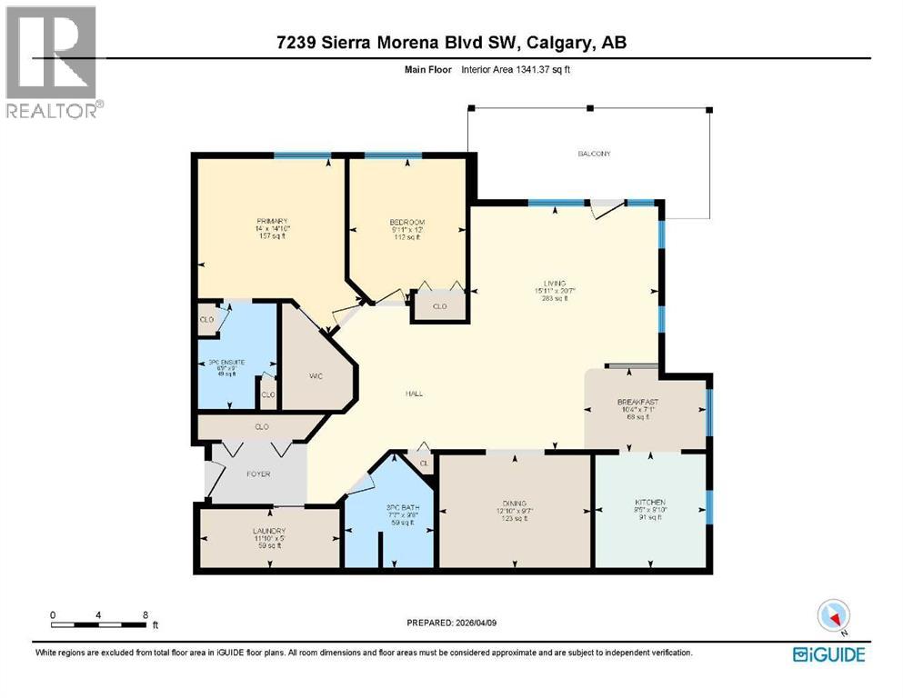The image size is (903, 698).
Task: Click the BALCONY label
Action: [594, 154]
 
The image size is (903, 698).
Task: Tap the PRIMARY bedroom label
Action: [272, 222]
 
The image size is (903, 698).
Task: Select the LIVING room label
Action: [550, 282]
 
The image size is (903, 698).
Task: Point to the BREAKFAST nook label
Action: [637, 402]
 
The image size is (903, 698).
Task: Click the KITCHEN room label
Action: [650, 503]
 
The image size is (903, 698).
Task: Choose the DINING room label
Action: [514, 503]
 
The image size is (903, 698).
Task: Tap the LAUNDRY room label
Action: [269, 531]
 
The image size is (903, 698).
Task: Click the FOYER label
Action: [259, 474]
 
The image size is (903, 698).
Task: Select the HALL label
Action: [415, 394]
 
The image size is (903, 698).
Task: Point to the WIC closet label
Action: [316, 375]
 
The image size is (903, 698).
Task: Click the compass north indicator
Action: [833, 616]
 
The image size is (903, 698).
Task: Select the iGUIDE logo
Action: [828, 654]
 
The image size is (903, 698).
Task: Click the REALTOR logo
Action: [52, 61]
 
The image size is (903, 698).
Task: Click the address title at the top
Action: [451, 43]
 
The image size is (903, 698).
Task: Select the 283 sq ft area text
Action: [550, 297]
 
